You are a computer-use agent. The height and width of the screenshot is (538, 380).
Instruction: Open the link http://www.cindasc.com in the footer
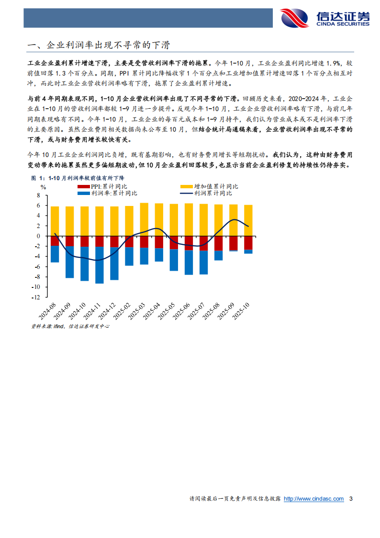click(x=313, y=499)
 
